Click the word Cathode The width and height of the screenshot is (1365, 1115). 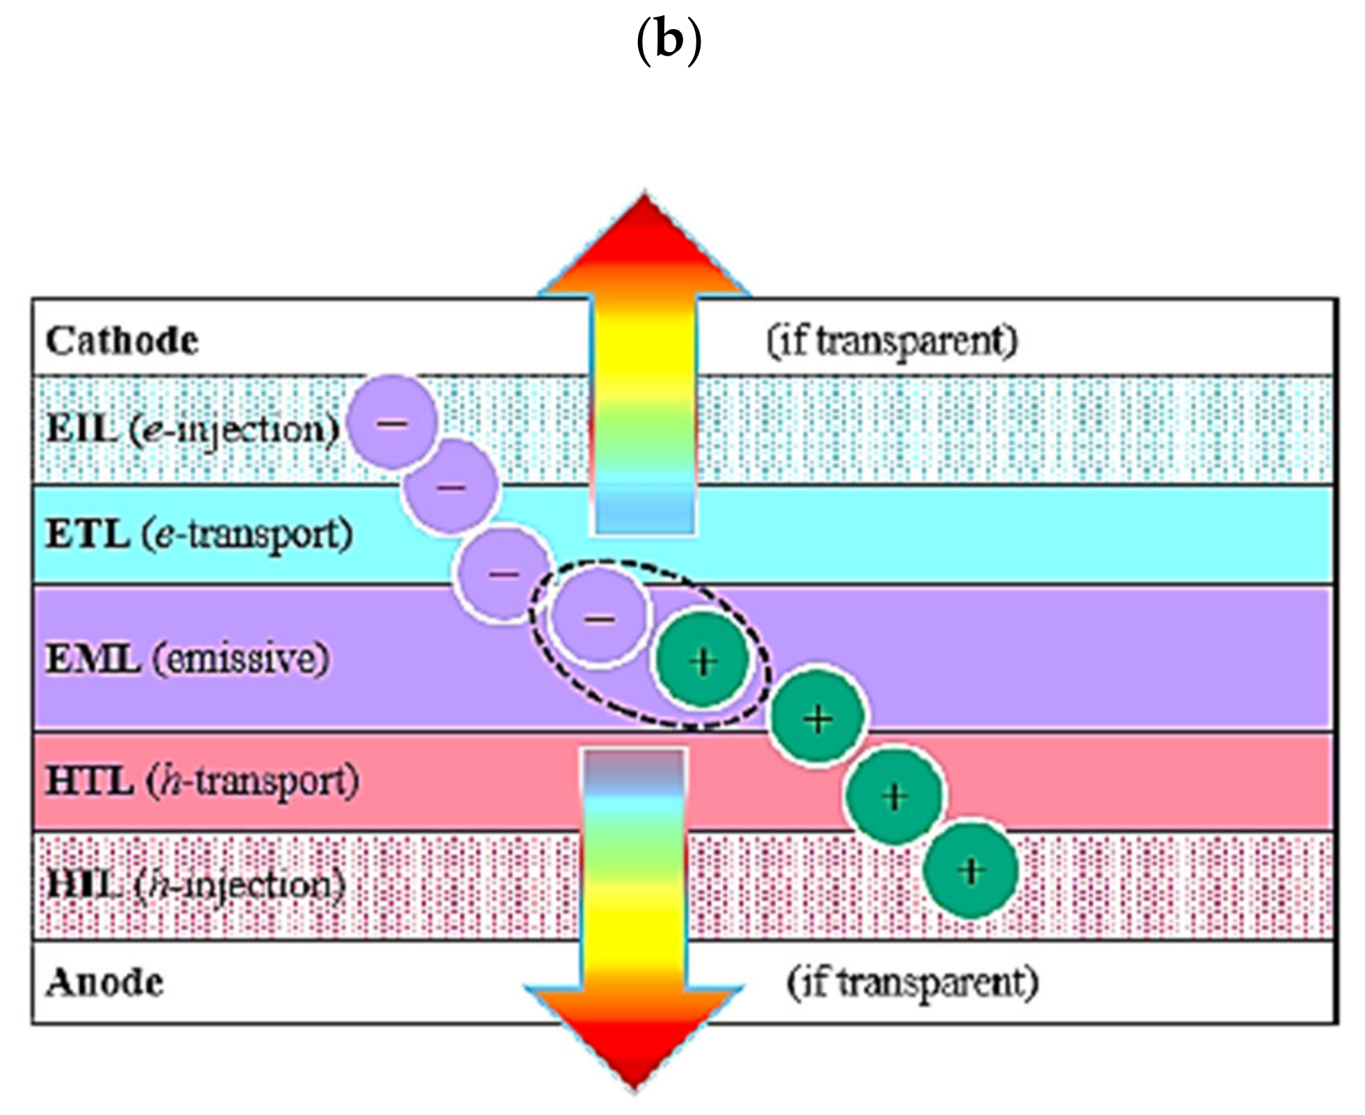122,341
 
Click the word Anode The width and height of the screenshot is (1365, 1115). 105,983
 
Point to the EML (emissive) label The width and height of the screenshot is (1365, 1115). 187,658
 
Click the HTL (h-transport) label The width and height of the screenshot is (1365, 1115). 202,781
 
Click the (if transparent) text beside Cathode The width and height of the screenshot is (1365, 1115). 892,341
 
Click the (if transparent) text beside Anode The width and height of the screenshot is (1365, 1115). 912,983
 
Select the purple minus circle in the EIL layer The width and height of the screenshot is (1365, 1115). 393,422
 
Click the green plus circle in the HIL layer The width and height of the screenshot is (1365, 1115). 971,870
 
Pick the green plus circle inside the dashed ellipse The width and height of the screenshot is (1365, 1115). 703,661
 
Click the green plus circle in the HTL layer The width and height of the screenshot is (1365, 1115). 894,796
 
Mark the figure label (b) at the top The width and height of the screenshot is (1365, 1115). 669,40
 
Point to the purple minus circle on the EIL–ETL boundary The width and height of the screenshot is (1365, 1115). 452,487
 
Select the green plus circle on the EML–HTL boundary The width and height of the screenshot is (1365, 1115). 818,718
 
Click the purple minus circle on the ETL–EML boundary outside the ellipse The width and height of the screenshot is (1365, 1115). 503,574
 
